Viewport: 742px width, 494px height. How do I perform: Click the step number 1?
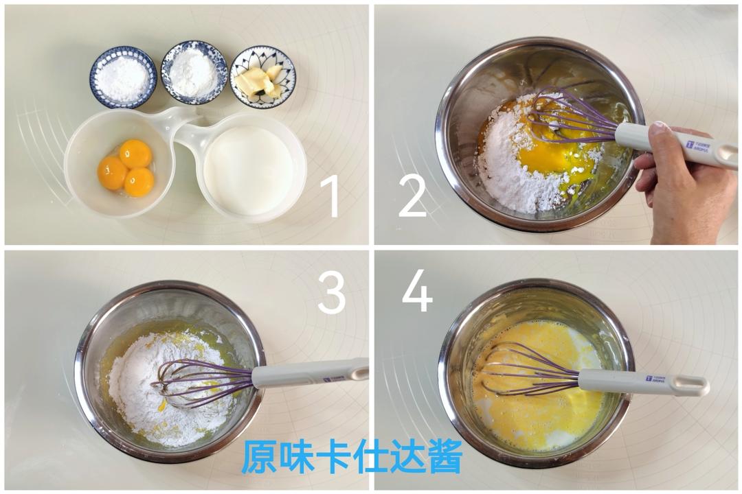(330, 196)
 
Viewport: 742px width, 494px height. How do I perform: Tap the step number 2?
(412, 196)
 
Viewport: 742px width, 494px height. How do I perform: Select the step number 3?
(331, 293)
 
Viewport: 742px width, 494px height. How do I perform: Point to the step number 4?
(417, 293)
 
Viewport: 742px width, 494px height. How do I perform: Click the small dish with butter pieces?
(262, 77)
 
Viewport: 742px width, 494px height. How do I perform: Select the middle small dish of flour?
(194, 72)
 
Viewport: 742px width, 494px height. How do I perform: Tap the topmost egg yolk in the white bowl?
(135, 154)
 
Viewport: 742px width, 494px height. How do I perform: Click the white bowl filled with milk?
(249, 169)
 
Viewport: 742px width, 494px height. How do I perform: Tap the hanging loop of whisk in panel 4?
(689, 386)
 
